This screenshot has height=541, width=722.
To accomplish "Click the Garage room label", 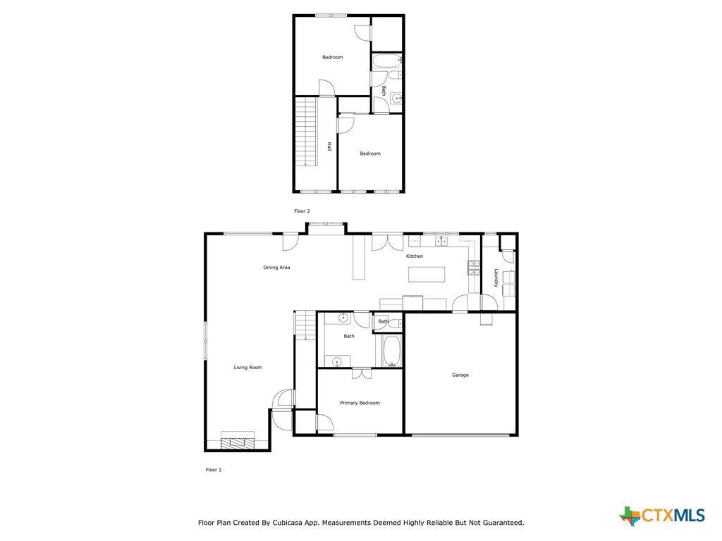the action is point(460,375).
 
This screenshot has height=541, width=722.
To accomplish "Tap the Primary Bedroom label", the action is point(360,403).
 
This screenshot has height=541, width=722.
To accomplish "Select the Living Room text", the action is point(247,367).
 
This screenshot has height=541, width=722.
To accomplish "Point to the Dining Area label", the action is point(276,267).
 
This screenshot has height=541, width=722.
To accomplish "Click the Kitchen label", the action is point(415,256).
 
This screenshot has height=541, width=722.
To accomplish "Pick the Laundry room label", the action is point(496,278).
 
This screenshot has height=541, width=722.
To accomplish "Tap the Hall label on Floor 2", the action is point(329,147).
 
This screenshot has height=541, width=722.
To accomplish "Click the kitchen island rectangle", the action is point(427,274).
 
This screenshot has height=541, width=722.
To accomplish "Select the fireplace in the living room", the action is point(237,440).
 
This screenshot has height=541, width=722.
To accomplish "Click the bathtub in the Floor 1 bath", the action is point(392,351).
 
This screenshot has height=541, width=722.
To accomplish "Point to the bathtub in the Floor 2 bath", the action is point(387,61).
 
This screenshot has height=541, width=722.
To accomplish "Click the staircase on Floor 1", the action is point(305,325).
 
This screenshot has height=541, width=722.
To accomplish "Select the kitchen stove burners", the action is point(473,268).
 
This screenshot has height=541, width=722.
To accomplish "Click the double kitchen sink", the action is point(441,241).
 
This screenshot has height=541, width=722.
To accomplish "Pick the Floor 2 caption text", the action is point(302,211).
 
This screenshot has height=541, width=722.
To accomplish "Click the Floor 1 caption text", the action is point(213,470).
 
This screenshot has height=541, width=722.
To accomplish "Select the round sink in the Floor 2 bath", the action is point(396,97).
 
